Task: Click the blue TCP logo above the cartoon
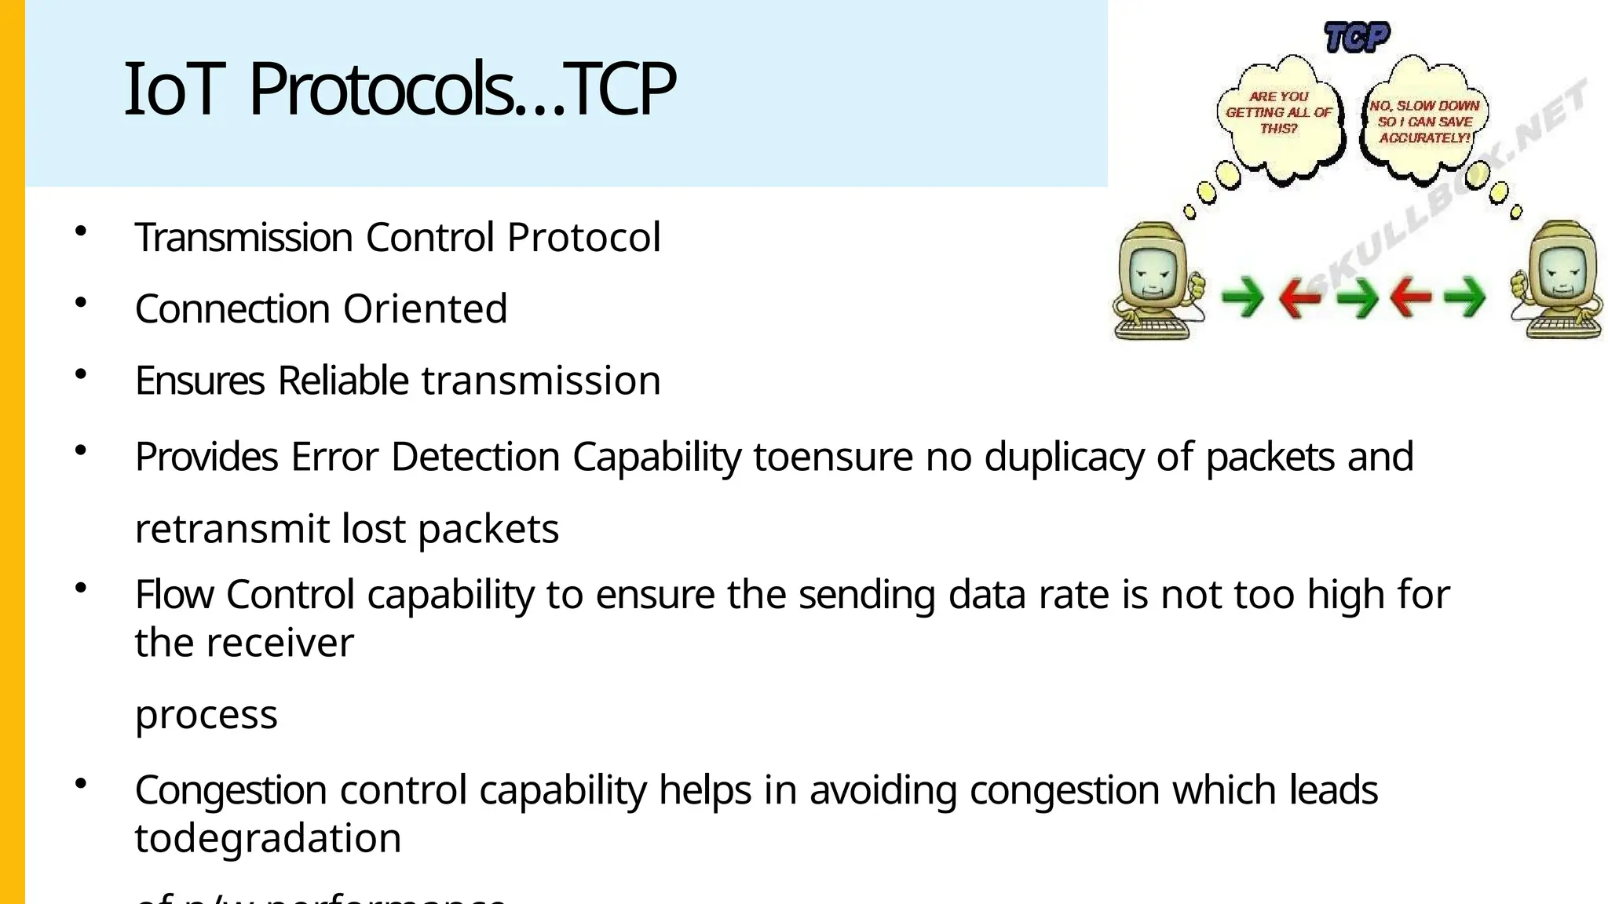click(x=1357, y=37)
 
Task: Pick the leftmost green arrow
click(x=1242, y=298)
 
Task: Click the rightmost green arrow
click(x=1464, y=298)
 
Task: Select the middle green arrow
click(x=1358, y=298)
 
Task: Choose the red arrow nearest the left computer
click(x=1299, y=298)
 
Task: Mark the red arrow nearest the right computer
click(x=1411, y=298)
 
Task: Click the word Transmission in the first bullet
click(x=243, y=237)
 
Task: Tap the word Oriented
click(x=425, y=308)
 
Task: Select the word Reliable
click(x=343, y=381)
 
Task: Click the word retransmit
click(x=232, y=529)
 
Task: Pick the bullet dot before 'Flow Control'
click(x=80, y=588)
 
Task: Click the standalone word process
click(x=206, y=715)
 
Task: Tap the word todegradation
click(x=268, y=838)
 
